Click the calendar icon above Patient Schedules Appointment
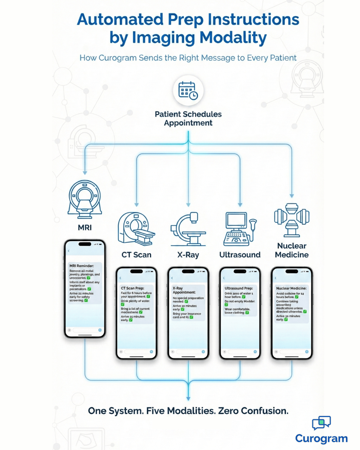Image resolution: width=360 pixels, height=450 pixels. click(188, 91)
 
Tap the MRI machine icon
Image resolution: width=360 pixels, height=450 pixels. click(85, 198)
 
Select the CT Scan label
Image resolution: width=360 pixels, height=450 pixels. click(136, 255)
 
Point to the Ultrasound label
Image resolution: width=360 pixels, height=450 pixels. click(240, 255)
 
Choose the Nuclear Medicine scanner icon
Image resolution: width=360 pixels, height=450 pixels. click(292, 220)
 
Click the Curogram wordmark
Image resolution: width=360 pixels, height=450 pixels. click(321, 438)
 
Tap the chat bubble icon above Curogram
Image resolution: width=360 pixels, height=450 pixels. click(321, 423)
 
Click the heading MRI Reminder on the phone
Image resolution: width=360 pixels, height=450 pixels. click(82, 266)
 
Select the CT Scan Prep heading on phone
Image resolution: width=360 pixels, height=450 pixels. click(132, 288)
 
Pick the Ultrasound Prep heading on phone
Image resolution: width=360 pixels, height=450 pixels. click(239, 288)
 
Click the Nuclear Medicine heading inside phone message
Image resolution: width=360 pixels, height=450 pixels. click(291, 288)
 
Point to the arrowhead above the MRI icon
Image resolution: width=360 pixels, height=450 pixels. click(85, 173)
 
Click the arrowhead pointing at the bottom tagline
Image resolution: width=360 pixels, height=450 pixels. click(188, 399)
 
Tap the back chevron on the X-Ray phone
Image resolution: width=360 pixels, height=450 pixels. click(172, 278)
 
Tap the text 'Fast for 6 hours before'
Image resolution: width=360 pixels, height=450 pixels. click(136, 293)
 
